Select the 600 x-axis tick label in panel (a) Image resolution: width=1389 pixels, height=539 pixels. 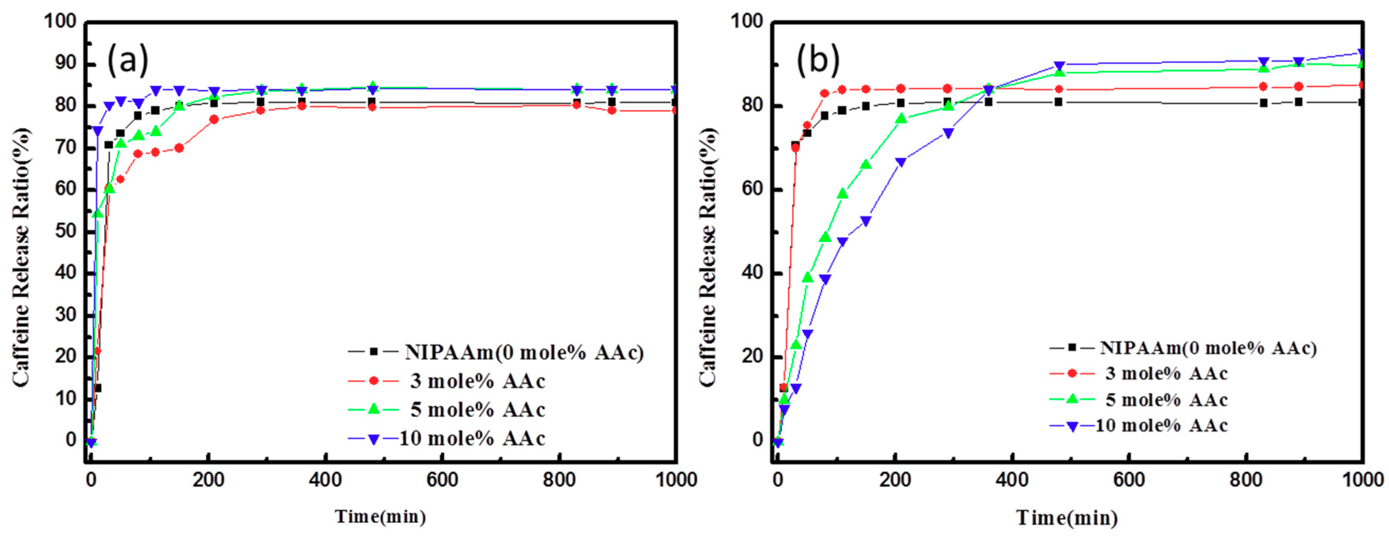click(x=442, y=479)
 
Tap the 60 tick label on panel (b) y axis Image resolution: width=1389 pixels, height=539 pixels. click(x=752, y=189)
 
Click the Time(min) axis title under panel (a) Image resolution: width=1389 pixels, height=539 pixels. click(x=380, y=516)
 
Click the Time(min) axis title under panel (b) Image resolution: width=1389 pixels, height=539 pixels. click(x=1067, y=518)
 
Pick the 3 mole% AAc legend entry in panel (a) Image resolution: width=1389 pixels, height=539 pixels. click(x=477, y=381)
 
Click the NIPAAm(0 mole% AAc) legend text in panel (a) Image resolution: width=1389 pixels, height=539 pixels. click(x=524, y=352)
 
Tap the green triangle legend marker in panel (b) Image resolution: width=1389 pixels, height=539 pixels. click(x=1072, y=399)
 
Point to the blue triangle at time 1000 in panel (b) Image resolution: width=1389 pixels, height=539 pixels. click(x=1362, y=53)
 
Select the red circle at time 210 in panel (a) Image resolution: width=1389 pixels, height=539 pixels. click(x=214, y=119)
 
